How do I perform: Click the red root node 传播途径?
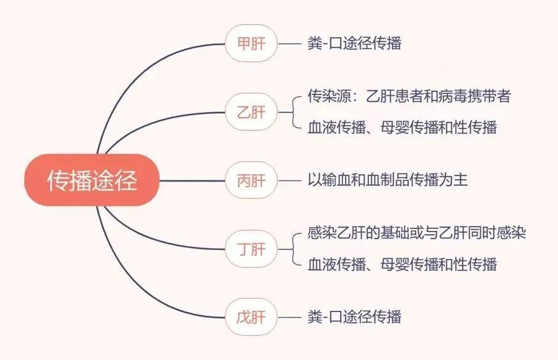click(92, 180)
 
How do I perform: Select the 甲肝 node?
click(251, 43)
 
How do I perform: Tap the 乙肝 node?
click(251, 112)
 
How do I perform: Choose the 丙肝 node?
click(251, 180)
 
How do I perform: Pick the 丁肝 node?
click(251, 249)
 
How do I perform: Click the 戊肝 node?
click(251, 317)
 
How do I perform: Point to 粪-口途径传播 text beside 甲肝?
click(355, 43)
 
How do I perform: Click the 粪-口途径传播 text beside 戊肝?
click(355, 317)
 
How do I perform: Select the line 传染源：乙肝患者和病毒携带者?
click(409, 96)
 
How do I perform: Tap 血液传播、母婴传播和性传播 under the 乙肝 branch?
click(402, 127)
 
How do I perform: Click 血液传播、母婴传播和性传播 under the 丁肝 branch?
click(402, 264)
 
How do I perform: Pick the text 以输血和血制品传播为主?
click(387, 180)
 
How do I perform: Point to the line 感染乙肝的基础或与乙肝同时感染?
click(417, 233)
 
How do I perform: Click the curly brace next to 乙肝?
click(293, 112)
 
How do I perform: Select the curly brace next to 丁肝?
click(293, 249)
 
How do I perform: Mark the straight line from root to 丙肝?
click(192, 180)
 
